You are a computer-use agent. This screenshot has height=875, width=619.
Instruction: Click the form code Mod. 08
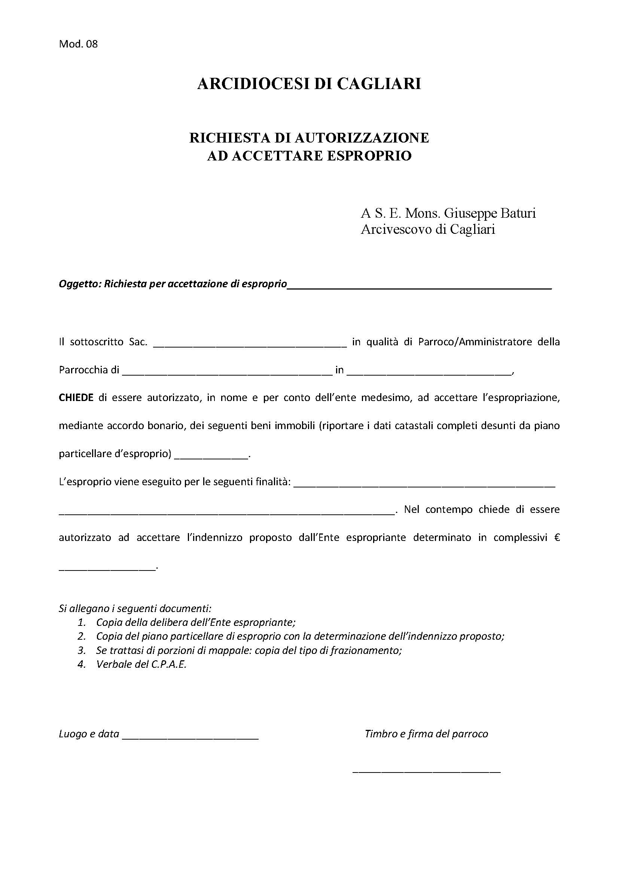click(78, 44)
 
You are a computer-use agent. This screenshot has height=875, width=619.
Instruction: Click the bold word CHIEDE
click(76, 398)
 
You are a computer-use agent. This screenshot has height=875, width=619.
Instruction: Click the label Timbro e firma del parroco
click(426, 734)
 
